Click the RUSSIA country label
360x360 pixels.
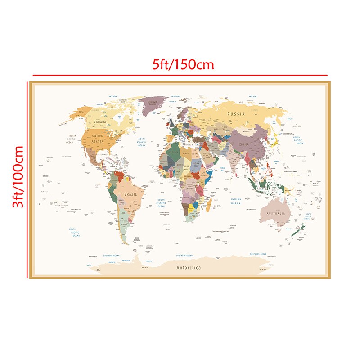(236, 114)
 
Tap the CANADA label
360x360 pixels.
(100, 122)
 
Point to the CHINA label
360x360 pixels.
(243, 144)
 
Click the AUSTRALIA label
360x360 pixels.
(276, 213)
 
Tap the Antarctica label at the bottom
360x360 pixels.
(189, 268)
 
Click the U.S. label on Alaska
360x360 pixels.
(81, 111)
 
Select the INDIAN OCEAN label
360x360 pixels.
(236, 201)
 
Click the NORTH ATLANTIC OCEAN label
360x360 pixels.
(142, 142)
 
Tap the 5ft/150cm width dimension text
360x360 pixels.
(183, 64)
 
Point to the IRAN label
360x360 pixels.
(215, 147)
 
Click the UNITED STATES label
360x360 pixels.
(98, 138)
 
